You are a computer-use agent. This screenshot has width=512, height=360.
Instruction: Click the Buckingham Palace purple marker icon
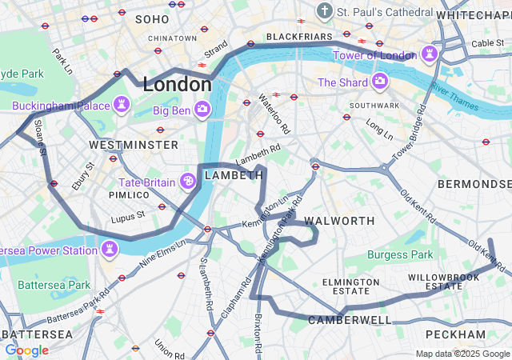122,105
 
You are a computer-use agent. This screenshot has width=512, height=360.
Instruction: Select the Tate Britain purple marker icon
189,182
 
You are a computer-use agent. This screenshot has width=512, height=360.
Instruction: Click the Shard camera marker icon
379,82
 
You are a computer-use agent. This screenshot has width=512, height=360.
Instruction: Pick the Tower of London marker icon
430,54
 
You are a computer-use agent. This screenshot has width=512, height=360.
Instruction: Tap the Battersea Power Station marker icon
109,250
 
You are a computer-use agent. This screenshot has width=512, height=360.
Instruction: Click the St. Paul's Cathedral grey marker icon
324,11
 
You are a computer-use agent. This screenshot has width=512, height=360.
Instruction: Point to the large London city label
176,84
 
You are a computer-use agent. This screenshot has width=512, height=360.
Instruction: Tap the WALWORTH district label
339,220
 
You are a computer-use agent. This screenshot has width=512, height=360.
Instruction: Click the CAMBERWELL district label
350,320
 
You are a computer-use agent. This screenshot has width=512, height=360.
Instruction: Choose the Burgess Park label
400,254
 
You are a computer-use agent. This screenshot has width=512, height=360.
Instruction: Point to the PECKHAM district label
455,334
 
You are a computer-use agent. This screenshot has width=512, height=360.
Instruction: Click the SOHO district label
152,18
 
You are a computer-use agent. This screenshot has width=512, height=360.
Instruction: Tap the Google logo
26,350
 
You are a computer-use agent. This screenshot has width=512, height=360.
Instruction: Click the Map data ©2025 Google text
462,354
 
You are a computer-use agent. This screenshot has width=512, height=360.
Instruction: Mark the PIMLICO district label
129,194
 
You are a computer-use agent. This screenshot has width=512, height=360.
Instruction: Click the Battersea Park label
54,285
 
